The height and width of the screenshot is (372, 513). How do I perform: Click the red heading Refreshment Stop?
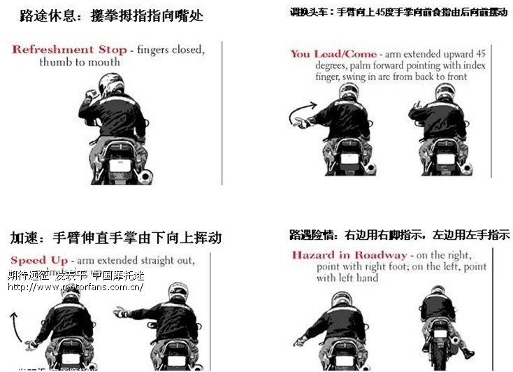(x=69, y=50)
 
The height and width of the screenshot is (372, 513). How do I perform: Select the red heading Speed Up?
(x=39, y=260)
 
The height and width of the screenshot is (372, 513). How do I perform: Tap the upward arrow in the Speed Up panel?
(x=16, y=325)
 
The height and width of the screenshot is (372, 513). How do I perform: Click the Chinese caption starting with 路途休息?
(x=111, y=15)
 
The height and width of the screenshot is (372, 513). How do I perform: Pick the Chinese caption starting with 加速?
(x=115, y=238)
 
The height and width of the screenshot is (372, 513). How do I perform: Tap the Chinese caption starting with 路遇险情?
(x=399, y=235)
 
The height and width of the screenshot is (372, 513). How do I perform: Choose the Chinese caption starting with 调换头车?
(x=398, y=12)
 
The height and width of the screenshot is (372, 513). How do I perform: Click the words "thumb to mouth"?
(x=79, y=62)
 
